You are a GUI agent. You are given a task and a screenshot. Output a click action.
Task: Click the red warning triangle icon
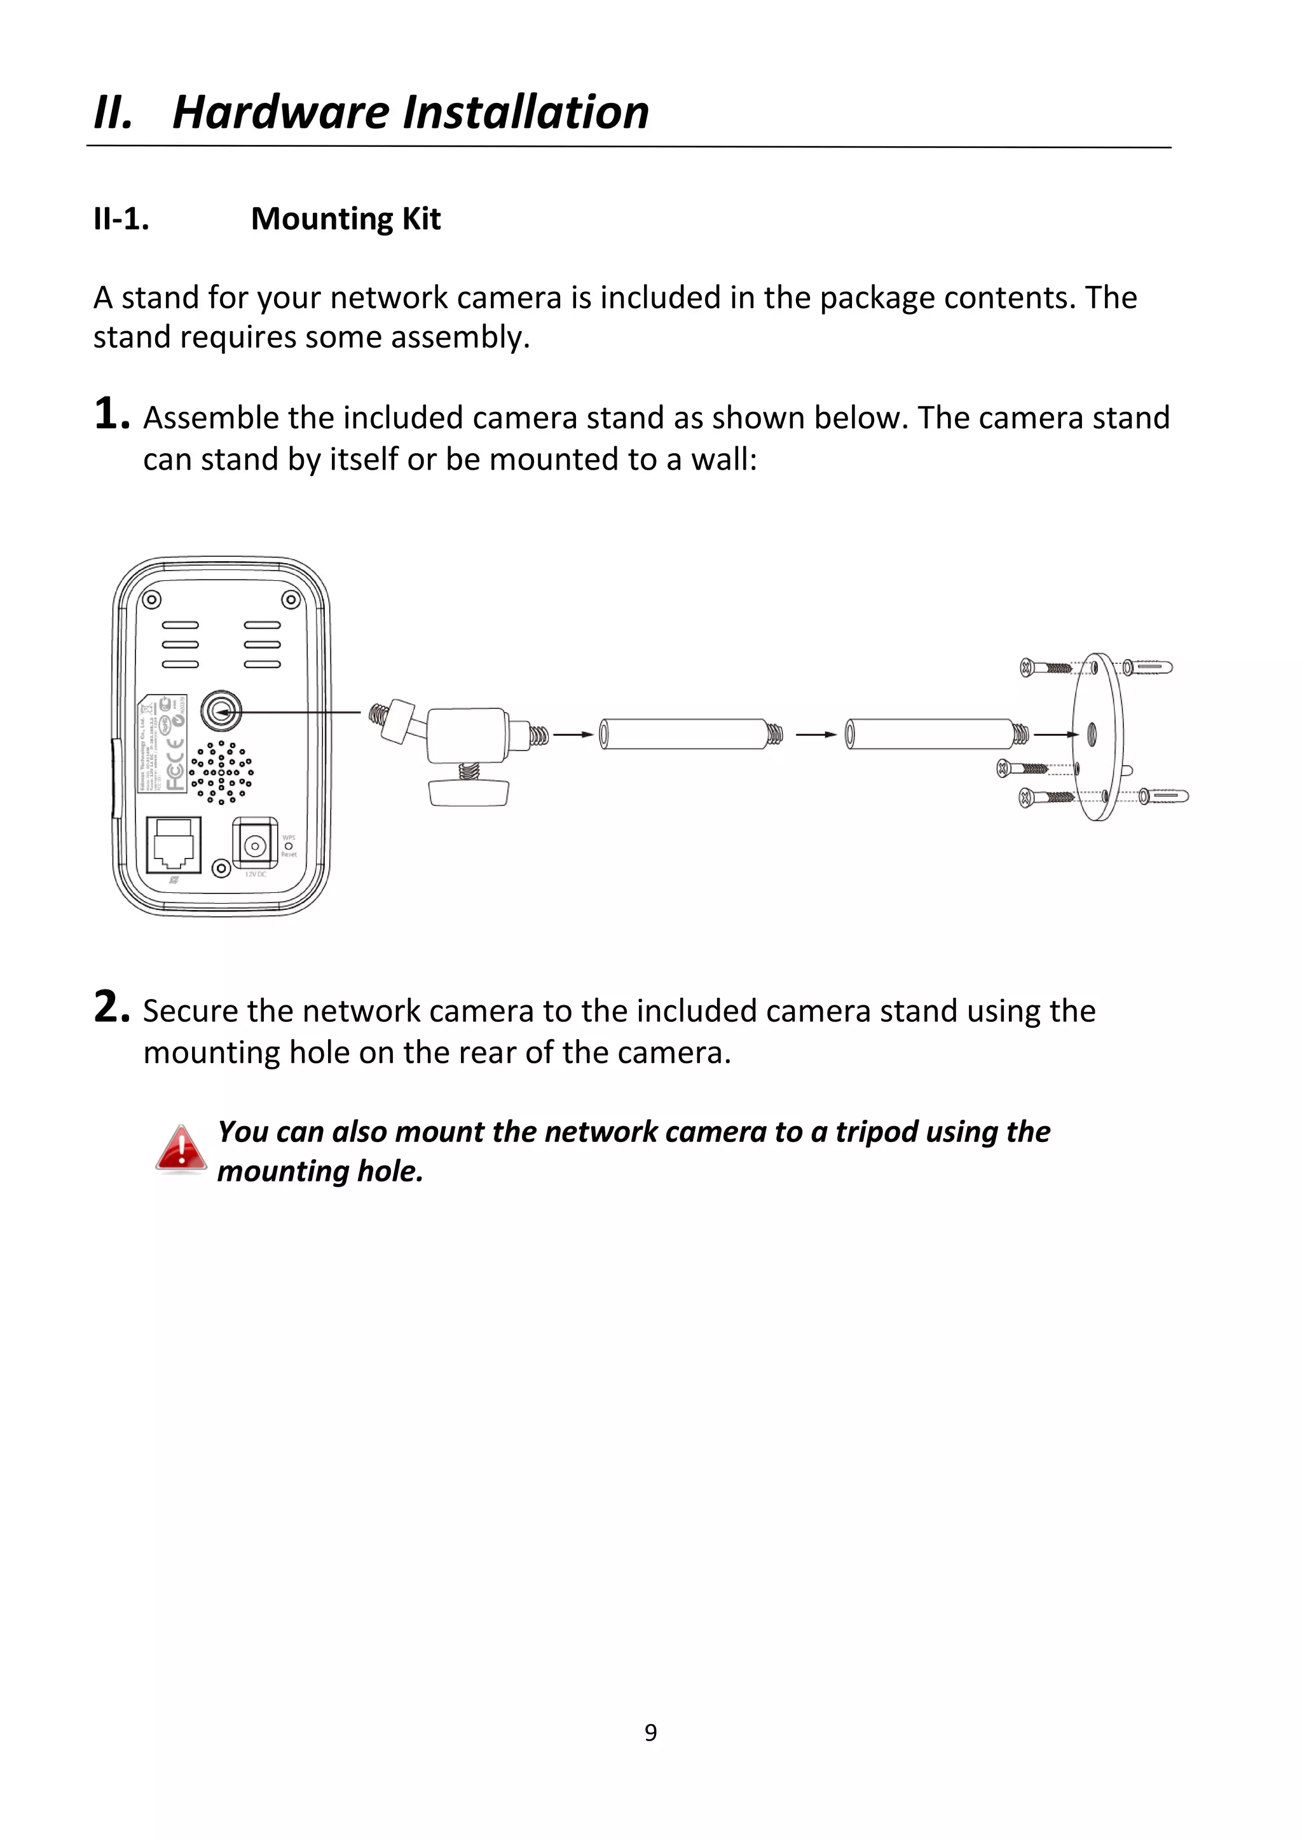coord(181,1149)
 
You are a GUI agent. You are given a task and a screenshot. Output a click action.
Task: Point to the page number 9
coord(650,1733)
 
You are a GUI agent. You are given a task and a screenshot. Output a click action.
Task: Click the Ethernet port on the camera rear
coord(174,845)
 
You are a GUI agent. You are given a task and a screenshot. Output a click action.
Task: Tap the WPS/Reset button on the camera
coord(289,846)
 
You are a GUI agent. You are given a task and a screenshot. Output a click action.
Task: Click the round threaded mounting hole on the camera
coord(221,710)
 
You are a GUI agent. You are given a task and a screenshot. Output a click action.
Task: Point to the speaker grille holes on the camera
coord(221,772)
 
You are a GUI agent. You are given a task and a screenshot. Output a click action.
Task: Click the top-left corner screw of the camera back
coord(151,600)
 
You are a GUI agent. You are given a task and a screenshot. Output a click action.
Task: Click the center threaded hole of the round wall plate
coord(1092,733)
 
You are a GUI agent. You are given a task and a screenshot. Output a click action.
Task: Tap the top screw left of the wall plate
coord(1047,667)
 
